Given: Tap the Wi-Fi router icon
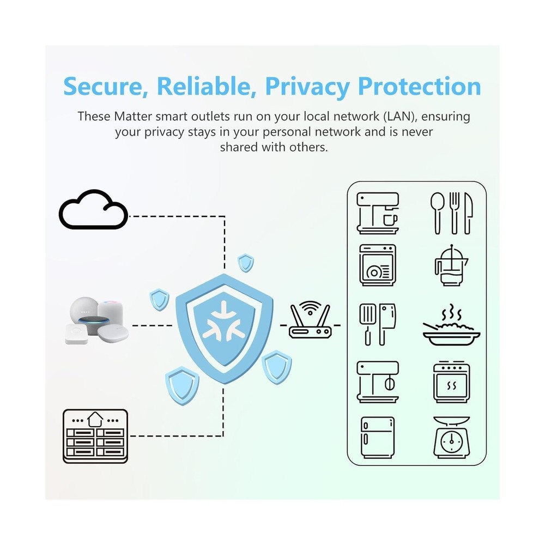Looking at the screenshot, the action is [x=310, y=320].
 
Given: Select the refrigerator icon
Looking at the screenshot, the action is [x=378, y=438].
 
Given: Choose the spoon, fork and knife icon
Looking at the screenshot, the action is [x=451, y=213].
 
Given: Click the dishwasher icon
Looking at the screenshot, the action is [x=378, y=265].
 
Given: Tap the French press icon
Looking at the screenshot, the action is [x=451, y=265].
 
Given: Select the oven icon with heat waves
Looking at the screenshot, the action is [x=451, y=382].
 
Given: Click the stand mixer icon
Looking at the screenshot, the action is [x=378, y=382].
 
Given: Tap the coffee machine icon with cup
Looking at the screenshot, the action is [x=378, y=213].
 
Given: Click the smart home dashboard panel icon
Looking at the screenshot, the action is [x=95, y=436].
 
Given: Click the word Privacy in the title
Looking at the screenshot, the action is [x=307, y=87].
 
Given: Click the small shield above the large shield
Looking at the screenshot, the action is [x=245, y=263].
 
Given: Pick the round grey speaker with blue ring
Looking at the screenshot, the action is [x=94, y=324].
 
